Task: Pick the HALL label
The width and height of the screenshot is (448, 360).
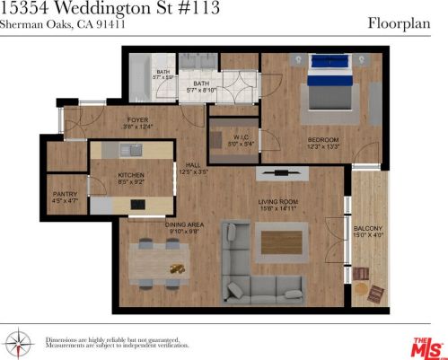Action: pos(192,165)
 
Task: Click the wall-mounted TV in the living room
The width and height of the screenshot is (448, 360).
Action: pos(278,171)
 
